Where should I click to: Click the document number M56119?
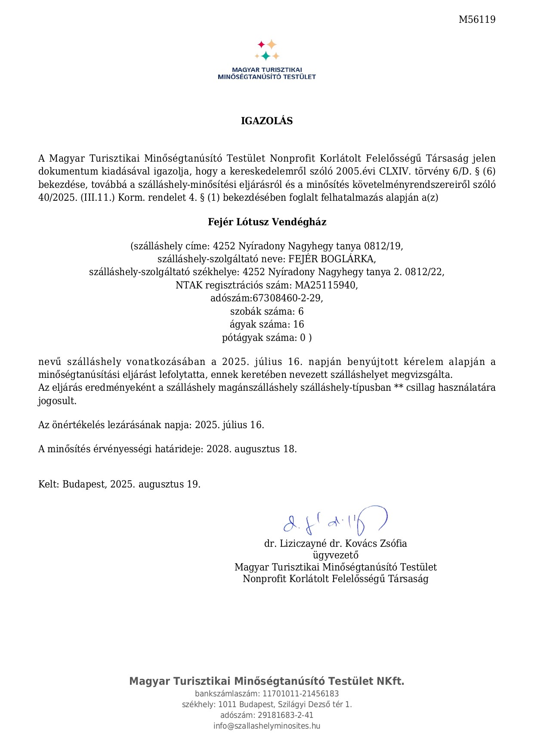pos(477,19)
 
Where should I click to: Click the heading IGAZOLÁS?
pos(267,121)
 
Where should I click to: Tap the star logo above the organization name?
pos(267,50)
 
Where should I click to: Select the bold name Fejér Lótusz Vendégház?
pos(267,222)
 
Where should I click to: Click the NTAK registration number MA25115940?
pos(326,285)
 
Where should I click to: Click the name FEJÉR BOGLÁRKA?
pos(332,259)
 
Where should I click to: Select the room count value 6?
pos(301,311)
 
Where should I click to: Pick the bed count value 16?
pos(299,324)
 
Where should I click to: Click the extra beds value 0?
pos(303,337)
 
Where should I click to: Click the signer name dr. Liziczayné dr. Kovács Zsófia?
pos(336,543)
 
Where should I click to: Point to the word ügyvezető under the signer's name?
pos(336,555)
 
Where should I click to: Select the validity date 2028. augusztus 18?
pos(251,449)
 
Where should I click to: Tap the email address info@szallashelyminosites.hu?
pos(267,726)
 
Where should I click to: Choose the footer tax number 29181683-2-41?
pos(285,715)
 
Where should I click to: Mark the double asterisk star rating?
pos(398,387)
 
